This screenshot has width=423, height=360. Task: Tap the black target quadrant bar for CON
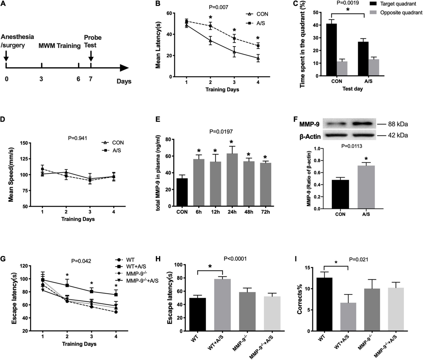[332, 50]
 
